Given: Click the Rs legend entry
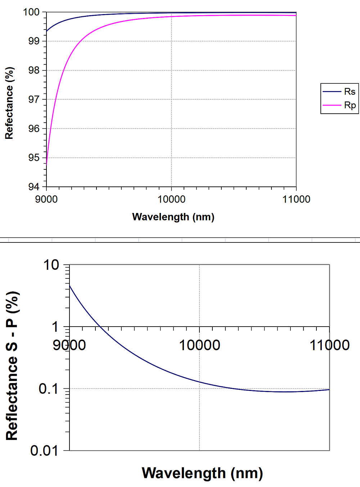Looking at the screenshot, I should coord(349,92).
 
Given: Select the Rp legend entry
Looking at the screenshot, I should coord(349,105).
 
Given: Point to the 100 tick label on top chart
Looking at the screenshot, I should coord(31,12).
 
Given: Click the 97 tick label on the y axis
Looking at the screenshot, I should coord(34,99).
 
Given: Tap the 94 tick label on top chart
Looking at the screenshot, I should coord(34,187).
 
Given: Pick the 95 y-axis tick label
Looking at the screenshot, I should coord(34,158).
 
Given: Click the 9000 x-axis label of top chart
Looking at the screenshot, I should coord(46,199).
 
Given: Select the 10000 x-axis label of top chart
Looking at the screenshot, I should coord(171,199).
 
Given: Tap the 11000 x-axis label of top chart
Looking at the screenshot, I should coord(296,199).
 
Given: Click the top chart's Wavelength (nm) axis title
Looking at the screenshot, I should coord(173,217).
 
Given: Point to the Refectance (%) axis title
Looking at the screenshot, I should coord(9,103).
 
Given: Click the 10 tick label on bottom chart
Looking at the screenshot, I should coord(51,265).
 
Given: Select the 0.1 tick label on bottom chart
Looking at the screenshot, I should coord(48,389).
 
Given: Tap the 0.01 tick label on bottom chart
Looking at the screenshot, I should coord(44,451).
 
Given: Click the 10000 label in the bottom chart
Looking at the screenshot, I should coord(199,345).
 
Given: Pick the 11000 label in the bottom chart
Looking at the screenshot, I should coord(329,345).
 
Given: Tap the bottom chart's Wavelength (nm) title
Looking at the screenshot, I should coord(202,473).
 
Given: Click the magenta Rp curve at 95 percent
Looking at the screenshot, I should coord(47,158).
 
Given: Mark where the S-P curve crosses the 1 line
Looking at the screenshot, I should coord(100,327).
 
